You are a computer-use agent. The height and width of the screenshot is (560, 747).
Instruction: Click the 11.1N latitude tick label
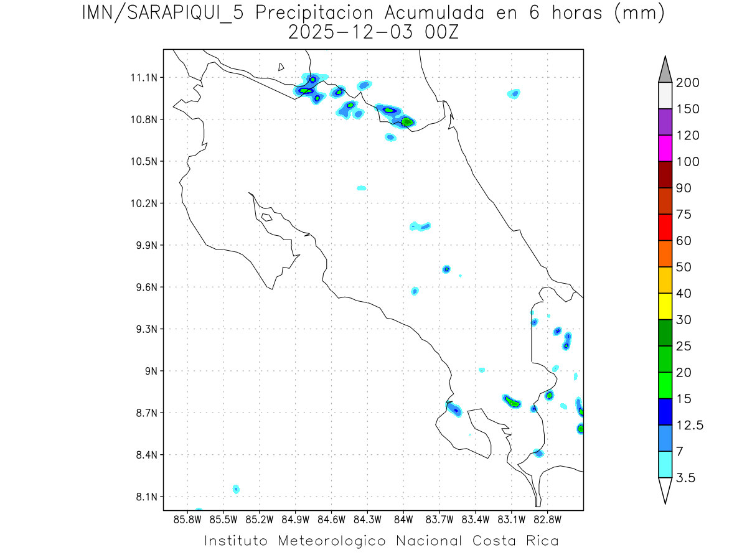click(143, 78)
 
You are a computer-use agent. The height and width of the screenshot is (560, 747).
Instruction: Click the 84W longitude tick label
click(403, 519)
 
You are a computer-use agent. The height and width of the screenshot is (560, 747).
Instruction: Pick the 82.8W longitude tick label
click(547, 519)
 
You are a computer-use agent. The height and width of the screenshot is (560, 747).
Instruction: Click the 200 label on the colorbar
click(688, 83)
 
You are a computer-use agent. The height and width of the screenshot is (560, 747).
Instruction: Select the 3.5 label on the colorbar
click(685, 478)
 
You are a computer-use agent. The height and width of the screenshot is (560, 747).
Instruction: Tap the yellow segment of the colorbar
click(665, 306)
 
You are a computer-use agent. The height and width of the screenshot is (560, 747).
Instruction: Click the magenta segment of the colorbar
click(665, 148)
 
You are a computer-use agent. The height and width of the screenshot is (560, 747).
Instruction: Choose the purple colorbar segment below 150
click(665, 122)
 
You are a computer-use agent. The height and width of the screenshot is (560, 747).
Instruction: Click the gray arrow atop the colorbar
click(665, 69)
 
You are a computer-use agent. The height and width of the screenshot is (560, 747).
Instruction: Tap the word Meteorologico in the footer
click(331, 541)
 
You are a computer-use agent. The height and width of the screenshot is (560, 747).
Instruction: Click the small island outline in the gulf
click(266, 217)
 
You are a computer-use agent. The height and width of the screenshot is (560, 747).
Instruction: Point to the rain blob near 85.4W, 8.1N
click(236, 489)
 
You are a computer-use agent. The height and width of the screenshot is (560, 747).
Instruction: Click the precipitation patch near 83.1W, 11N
click(514, 94)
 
